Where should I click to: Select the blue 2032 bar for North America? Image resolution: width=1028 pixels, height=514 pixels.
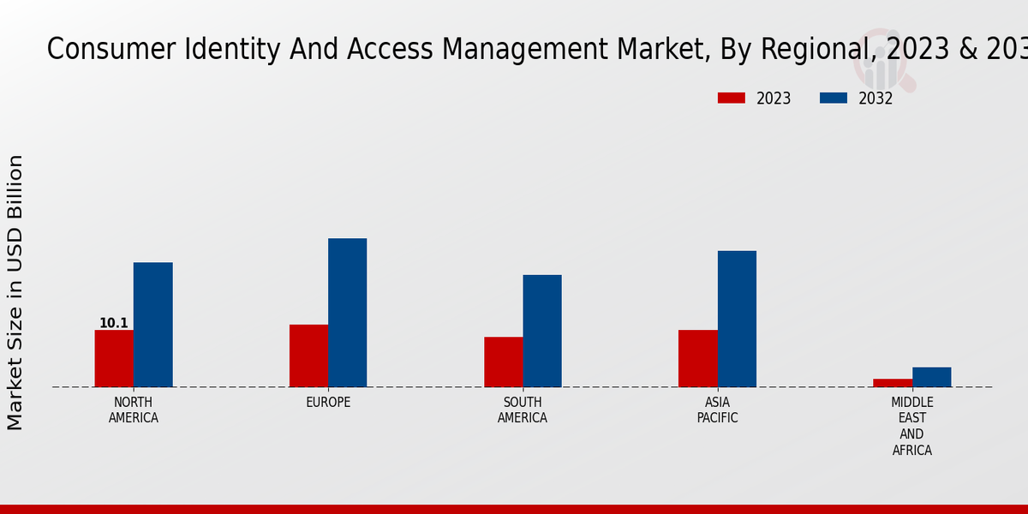click(152, 325)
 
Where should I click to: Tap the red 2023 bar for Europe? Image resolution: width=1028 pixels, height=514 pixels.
click(308, 356)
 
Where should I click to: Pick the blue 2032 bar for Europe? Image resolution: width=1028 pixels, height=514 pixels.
click(347, 313)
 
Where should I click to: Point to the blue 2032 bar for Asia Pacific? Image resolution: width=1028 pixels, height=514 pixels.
click(737, 319)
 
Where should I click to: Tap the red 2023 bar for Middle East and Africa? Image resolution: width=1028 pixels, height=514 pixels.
click(893, 383)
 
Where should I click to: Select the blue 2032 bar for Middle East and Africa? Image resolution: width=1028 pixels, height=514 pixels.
click(931, 377)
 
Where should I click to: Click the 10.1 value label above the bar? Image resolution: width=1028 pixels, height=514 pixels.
click(114, 323)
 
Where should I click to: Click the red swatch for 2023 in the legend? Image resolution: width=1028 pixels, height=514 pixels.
click(731, 99)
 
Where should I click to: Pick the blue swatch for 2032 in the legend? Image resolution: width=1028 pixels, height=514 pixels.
click(833, 99)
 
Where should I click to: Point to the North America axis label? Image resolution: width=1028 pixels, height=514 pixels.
click(134, 410)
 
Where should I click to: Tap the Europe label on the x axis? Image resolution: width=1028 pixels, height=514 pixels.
click(328, 403)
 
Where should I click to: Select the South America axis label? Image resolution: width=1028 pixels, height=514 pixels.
click(523, 410)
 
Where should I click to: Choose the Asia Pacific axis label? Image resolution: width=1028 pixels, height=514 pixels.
click(717, 410)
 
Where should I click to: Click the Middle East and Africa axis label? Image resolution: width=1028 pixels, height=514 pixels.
click(912, 426)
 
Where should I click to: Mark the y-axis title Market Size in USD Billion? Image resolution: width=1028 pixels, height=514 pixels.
click(15, 292)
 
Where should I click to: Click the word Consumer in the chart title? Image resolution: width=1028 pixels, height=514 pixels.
click(99, 50)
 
